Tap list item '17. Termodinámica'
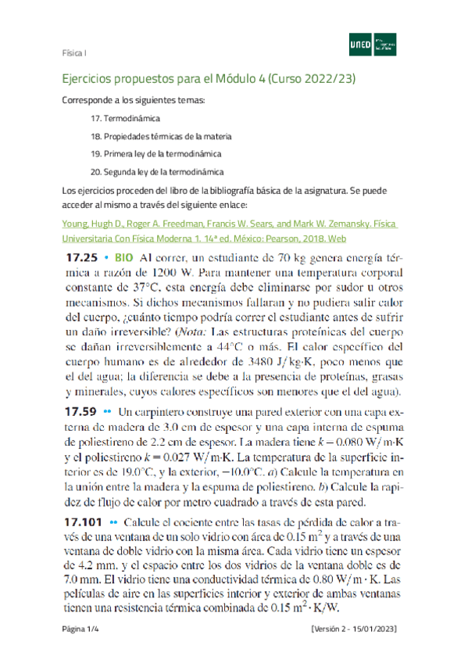[125, 118]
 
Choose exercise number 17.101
[81, 523]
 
